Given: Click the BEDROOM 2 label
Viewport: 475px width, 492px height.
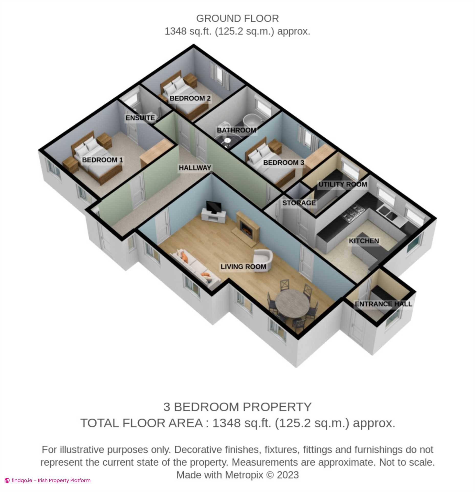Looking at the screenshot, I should pos(190,98).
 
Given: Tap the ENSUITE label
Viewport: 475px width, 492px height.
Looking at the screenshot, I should pos(140,118).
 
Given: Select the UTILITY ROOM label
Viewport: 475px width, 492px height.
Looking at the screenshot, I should pos(343,184).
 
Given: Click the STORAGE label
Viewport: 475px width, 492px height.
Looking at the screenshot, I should pos(299,203).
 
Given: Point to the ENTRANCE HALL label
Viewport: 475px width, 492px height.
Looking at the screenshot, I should pos(383,304).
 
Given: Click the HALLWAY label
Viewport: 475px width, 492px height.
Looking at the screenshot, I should pos(195,168).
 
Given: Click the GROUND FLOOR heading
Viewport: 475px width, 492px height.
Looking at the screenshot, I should pos(237,19).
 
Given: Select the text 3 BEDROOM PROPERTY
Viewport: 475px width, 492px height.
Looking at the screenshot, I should pos(237,407).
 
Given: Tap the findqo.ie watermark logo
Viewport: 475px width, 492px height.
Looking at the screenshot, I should pos(7,480).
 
